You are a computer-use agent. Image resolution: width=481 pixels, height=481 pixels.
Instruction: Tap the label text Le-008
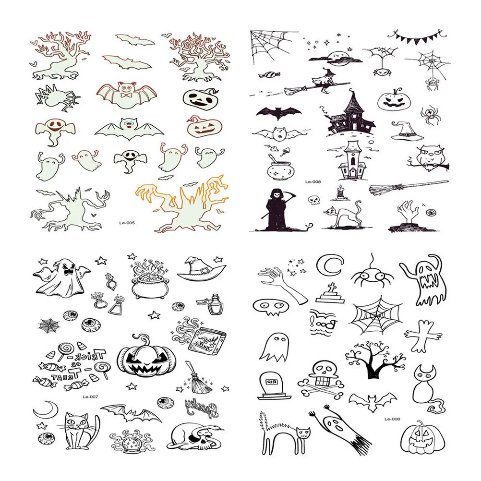312,181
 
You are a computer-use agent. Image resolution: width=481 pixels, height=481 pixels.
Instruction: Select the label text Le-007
90,397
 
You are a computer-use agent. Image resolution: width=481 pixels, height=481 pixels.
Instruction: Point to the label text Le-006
392,419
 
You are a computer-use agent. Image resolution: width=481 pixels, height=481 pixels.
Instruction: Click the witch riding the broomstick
319,83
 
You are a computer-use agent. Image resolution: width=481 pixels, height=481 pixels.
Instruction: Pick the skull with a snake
196,434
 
